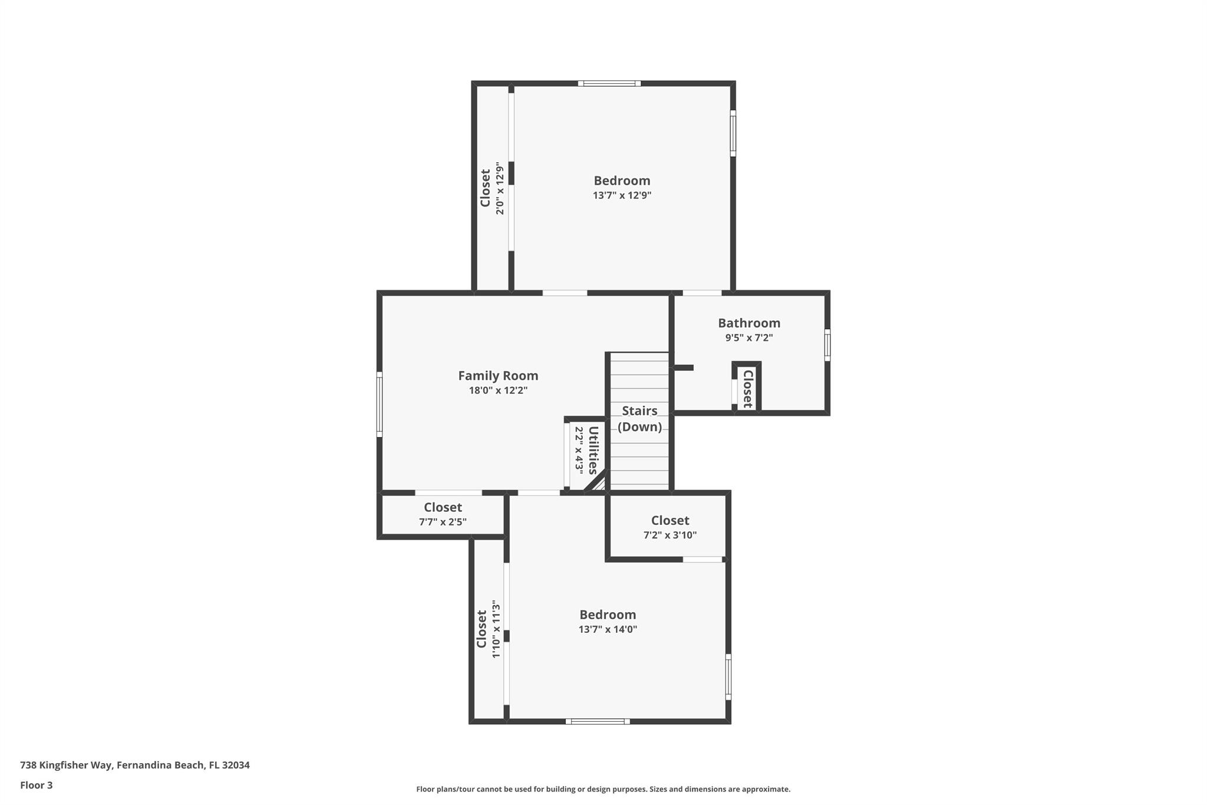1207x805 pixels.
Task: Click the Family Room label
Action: (x=498, y=376)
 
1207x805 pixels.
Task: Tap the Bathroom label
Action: (x=749, y=323)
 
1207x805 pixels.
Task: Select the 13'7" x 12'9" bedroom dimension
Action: (x=622, y=195)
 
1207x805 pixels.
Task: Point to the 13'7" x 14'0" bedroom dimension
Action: (x=608, y=629)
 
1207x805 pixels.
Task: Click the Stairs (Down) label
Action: (x=639, y=419)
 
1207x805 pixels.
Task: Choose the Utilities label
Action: (x=593, y=450)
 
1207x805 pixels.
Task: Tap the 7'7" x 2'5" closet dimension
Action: (x=443, y=522)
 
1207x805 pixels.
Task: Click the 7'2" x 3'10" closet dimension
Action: (x=670, y=535)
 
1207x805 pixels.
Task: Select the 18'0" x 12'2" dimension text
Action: (x=498, y=390)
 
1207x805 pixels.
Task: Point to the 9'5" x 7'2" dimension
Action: (x=749, y=338)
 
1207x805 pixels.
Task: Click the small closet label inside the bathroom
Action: (x=747, y=389)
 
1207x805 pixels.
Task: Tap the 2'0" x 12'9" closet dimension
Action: (x=500, y=188)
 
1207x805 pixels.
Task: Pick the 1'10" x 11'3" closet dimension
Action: (x=496, y=629)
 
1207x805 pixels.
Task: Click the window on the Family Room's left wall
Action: (x=380, y=404)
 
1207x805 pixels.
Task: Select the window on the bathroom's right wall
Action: (x=827, y=345)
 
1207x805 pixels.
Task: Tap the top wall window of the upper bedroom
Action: (x=609, y=84)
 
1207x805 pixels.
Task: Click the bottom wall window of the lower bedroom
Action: (x=598, y=721)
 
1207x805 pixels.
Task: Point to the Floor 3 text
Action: (x=37, y=785)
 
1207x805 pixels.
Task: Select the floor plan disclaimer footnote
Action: (x=603, y=789)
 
